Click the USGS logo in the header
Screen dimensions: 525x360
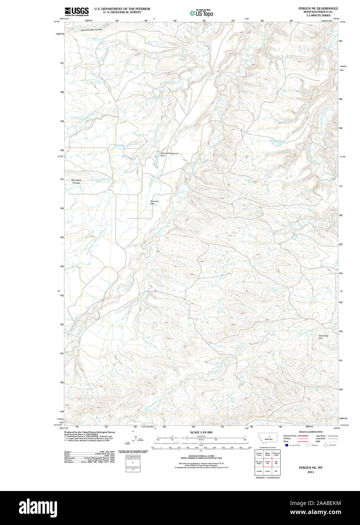pos(77,11)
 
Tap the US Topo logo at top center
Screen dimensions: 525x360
pos(202,13)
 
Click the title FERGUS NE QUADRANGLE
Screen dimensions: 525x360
pos(318,8)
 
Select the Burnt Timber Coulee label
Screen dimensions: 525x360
pos(91,30)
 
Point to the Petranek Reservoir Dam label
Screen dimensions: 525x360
pos(169,154)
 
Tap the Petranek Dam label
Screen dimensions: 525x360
pos(154,202)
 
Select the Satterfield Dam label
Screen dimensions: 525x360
pos(323,337)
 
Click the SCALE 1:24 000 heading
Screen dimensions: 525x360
pos(201,432)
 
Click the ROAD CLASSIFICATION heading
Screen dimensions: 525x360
pos(311,432)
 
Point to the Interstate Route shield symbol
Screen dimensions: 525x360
pos(287,445)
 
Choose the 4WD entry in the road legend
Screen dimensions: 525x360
pos(318,441)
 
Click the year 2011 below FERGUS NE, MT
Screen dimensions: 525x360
pos(311,472)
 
